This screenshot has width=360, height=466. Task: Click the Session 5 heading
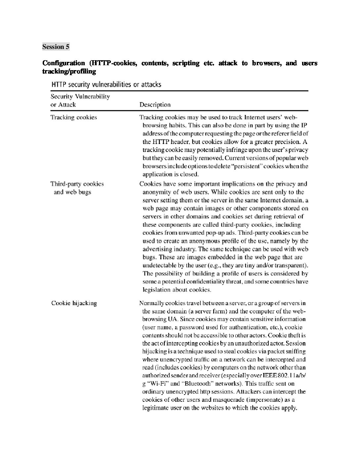(56, 47)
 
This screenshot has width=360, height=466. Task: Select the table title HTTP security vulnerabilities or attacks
(106, 84)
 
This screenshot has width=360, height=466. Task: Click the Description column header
(155, 105)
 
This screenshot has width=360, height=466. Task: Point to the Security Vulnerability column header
(80, 97)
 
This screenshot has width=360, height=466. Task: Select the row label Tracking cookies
(74, 117)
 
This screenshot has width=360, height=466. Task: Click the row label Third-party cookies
(77, 184)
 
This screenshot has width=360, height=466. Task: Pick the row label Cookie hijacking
(74, 303)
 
